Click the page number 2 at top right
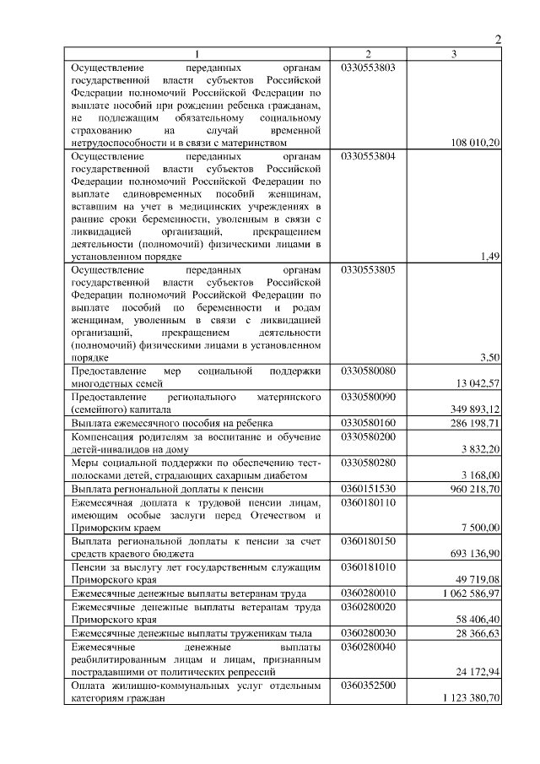pos(497,40)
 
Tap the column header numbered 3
pos(455,54)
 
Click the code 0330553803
pos(369,67)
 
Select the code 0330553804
pos(369,156)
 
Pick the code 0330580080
pos(369,371)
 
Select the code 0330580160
pos(369,422)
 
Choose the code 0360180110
pos(369,502)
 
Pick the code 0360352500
pos(369,685)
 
